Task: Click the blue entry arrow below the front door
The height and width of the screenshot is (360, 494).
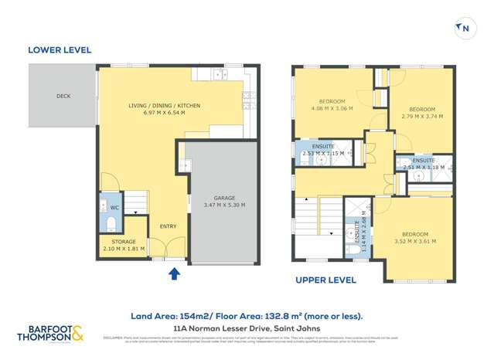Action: (174, 273)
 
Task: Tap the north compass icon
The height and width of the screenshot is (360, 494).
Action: (464, 29)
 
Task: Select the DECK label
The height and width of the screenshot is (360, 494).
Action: (63, 97)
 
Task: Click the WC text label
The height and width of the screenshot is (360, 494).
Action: (114, 208)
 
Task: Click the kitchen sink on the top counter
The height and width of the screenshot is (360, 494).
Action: (208, 75)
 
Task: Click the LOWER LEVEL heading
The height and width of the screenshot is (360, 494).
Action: (60, 50)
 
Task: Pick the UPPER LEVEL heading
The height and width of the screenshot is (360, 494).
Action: (325, 280)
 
